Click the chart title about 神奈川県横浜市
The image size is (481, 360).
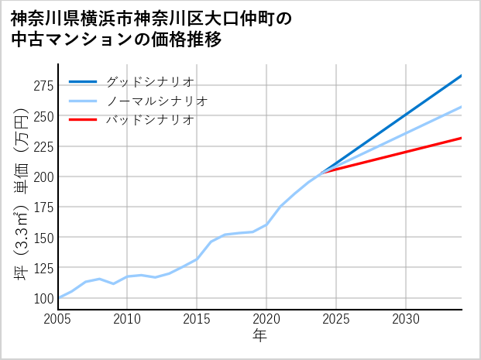click(x=151, y=29)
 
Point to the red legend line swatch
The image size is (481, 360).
click(x=83, y=120)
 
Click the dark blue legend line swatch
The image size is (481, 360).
click(x=83, y=81)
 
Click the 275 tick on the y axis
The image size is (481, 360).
click(x=43, y=85)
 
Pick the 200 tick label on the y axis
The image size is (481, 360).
click(x=43, y=177)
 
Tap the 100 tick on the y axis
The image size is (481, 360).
click(x=43, y=298)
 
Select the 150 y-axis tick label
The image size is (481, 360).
click(x=43, y=237)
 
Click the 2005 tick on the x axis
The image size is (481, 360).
click(x=58, y=319)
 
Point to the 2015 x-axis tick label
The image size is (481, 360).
click(x=197, y=319)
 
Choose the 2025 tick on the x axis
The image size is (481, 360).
click(x=336, y=319)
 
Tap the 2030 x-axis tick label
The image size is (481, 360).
click(x=406, y=319)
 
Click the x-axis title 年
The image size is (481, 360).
click(x=260, y=336)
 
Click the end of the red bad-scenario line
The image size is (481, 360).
click(x=461, y=138)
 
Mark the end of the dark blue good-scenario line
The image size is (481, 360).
click(x=461, y=76)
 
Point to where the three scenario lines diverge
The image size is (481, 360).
click(x=322, y=171)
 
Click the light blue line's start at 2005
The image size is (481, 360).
click(x=58, y=298)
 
